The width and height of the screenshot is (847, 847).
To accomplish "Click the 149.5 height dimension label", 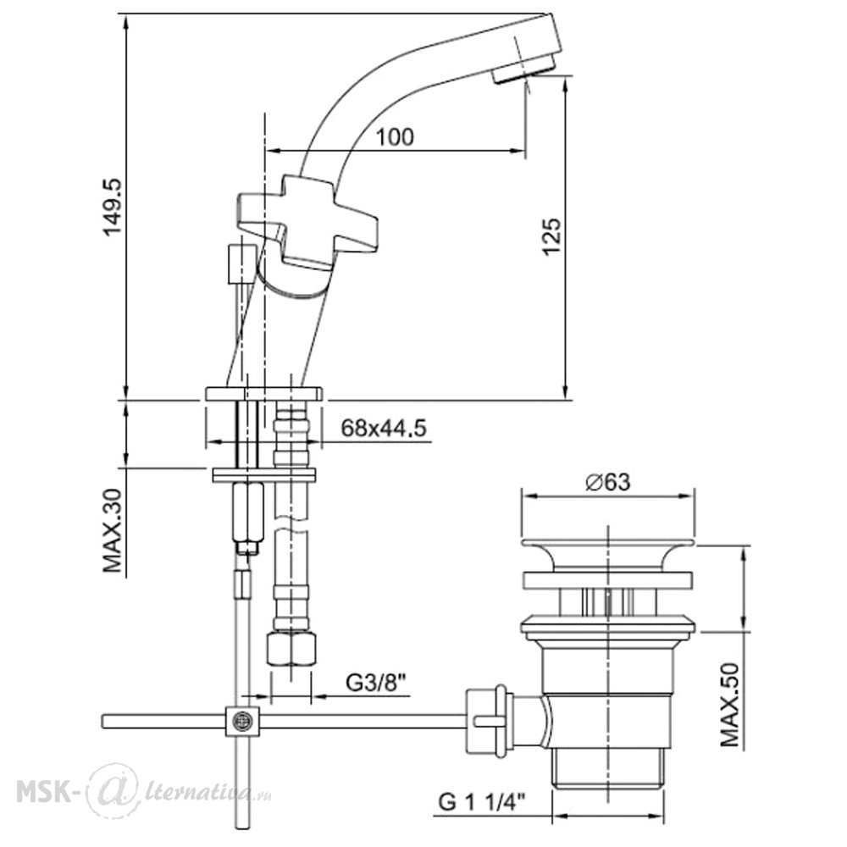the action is pyautogui.click(x=113, y=208).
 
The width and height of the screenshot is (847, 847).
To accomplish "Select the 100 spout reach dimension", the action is pyautogui.click(x=395, y=136).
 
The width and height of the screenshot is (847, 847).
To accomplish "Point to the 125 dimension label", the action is pyautogui.click(x=552, y=236).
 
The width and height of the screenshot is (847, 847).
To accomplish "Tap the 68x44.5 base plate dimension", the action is pyautogui.click(x=384, y=429).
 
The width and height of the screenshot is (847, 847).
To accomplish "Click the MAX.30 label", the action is pyautogui.click(x=113, y=530).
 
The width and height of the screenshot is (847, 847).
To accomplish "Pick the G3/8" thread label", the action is pyautogui.click(x=376, y=684).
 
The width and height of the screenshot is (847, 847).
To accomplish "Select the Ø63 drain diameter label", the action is pyautogui.click(x=607, y=481).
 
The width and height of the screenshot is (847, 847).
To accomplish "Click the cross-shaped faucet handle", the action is pyautogui.click(x=307, y=221).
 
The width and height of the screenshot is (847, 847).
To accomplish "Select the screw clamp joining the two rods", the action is pyautogui.click(x=242, y=721).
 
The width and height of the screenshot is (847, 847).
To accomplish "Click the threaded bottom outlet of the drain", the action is pyautogui.click(x=608, y=767).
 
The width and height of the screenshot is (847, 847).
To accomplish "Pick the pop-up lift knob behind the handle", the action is pyautogui.click(x=241, y=263).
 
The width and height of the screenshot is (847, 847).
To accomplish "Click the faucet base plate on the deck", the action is pyautogui.click(x=263, y=393).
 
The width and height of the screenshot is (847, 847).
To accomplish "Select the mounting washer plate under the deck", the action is pyautogui.click(x=264, y=474).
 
